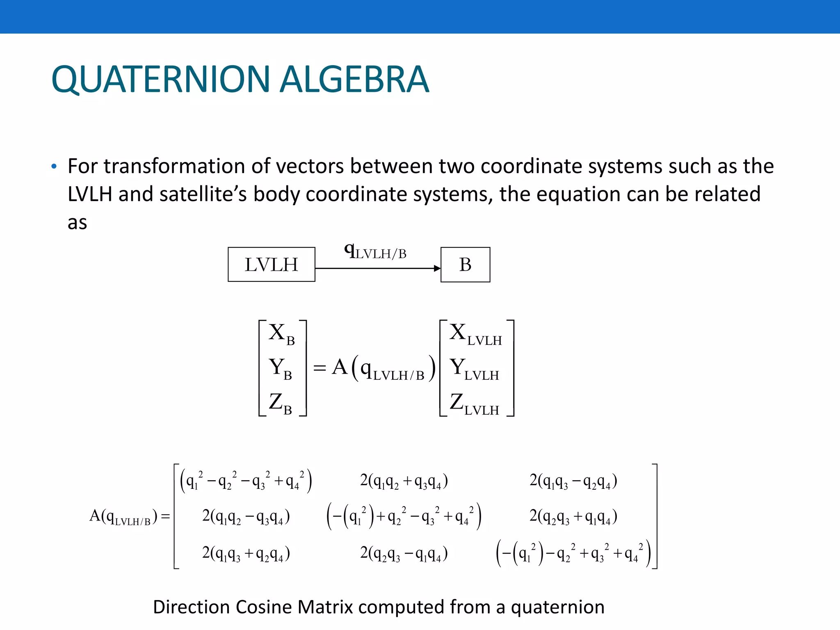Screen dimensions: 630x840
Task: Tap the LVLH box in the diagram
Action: point(272,265)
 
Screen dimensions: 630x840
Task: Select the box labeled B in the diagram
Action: point(465,265)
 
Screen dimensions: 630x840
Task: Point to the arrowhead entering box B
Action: point(437,268)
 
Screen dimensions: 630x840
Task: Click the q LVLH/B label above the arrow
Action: point(375,251)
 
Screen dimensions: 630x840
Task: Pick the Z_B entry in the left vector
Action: point(281,403)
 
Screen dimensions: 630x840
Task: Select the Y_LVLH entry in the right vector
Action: point(474,368)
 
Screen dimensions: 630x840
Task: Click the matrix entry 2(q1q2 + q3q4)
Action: point(404,481)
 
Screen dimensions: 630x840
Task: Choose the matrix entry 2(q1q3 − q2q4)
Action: point(573,481)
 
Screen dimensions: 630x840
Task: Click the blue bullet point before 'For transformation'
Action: point(54,167)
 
